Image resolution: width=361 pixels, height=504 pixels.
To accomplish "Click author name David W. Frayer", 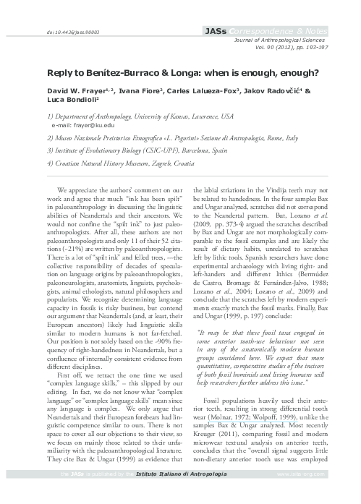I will pos(72,93).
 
